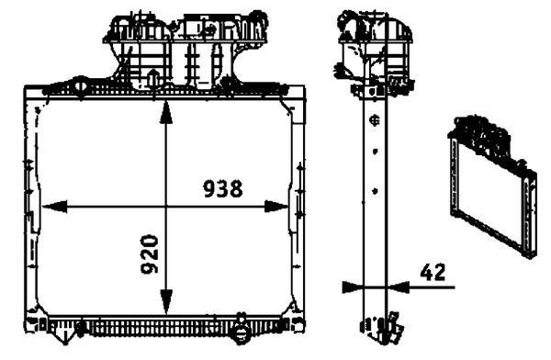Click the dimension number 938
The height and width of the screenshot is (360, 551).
(222, 189)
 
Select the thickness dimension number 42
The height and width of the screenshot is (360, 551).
(433, 271)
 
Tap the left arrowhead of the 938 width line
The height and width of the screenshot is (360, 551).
(51, 207)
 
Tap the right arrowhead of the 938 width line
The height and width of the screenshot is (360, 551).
(280, 207)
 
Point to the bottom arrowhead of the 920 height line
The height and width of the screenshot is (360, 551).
(164, 305)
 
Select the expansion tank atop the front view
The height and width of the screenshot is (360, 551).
(184, 46)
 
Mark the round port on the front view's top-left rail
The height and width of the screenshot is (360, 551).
(80, 89)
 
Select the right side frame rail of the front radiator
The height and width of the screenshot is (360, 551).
(297, 207)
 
